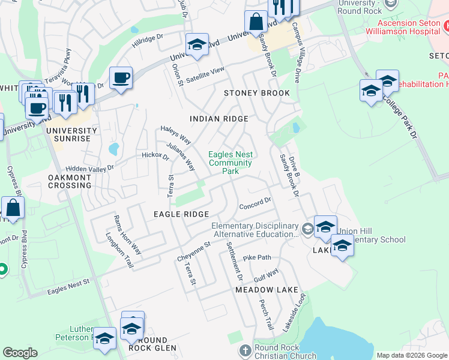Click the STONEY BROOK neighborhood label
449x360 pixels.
point(256,93)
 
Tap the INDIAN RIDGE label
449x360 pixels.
point(218,119)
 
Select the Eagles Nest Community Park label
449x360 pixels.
point(230,163)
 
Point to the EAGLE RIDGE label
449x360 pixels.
point(181,214)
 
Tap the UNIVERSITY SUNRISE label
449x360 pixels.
point(71,134)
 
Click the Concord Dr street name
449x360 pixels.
point(256,205)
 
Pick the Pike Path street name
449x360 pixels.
point(257,258)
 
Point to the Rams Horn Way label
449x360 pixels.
point(127,234)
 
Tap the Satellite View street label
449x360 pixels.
point(205,74)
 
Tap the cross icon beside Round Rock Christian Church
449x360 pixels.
point(244,350)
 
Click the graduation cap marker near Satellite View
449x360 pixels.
point(196,45)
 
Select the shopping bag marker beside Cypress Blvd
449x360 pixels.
point(13,208)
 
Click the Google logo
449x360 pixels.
point(20,353)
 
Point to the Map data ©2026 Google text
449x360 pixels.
point(411,355)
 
